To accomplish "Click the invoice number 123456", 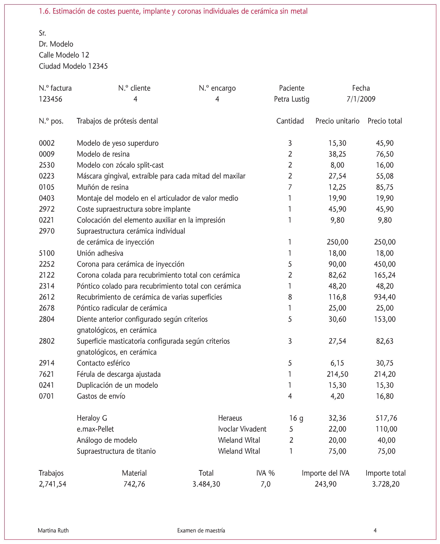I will (x=50, y=99).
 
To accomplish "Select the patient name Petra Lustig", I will (x=292, y=99).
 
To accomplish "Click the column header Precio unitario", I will (x=337, y=121).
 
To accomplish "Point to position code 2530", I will (x=47, y=165).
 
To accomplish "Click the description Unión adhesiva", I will (x=100, y=253).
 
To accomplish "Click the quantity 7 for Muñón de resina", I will (x=290, y=187).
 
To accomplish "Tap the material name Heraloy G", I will (x=92, y=418).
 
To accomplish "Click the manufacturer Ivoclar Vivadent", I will (x=242, y=429).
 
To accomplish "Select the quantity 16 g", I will (x=296, y=418).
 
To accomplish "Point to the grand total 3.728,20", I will (x=386, y=484).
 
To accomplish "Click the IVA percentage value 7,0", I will (x=265, y=484).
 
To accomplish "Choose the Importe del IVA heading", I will (x=325, y=473).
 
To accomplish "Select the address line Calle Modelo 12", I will (x=64, y=55).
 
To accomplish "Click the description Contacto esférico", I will (x=103, y=363).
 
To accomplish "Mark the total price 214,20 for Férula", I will (x=385, y=374).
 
